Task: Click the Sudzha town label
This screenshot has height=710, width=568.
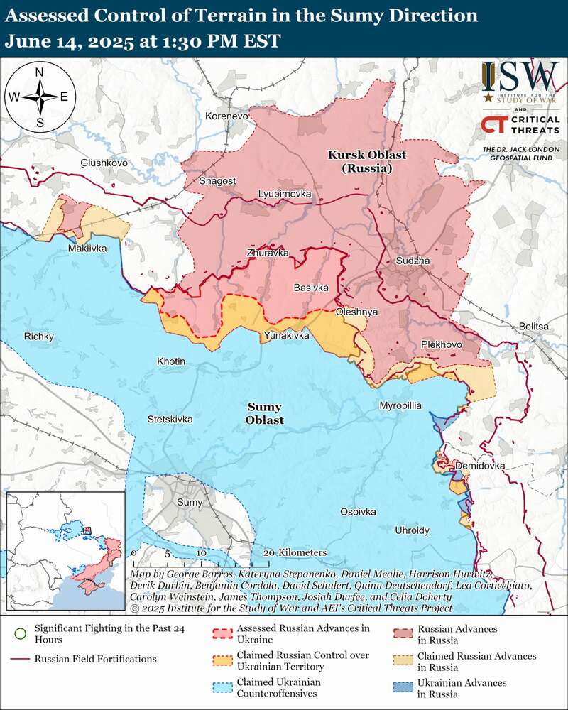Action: [414, 261]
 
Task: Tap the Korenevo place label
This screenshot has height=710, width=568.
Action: [226, 116]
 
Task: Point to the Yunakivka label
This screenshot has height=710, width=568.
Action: [286, 334]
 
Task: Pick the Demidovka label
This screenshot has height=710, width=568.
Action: [480, 466]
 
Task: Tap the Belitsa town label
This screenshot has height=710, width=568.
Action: [534, 326]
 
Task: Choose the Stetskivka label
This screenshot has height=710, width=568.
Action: [170, 419]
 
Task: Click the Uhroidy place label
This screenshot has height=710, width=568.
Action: [413, 530]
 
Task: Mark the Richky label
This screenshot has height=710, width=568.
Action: [39, 337]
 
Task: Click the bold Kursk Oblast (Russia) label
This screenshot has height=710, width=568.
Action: [360, 162]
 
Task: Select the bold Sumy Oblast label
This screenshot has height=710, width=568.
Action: [265, 414]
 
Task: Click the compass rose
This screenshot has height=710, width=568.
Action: [40, 97]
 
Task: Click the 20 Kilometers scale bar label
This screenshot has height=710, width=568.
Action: [295, 552]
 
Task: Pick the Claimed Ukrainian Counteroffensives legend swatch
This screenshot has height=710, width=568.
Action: [224, 688]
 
